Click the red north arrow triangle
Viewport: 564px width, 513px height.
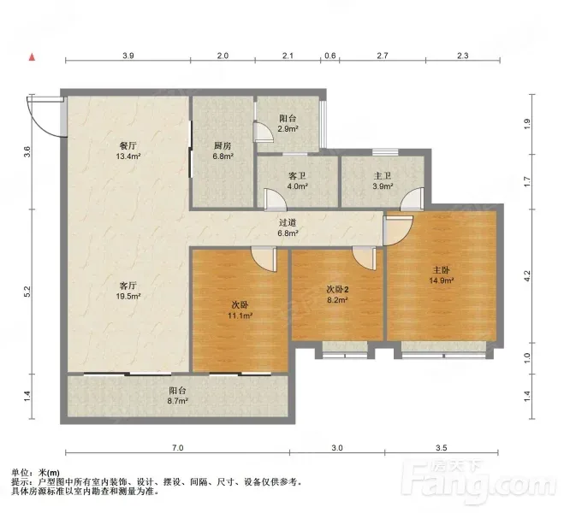tap(32, 56)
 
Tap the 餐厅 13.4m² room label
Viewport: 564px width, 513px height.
tap(128, 150)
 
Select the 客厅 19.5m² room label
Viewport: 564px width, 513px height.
tap(128, 291)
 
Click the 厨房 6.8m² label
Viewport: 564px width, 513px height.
tap(223, 150)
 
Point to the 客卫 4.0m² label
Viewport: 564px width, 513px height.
tap(298, 181)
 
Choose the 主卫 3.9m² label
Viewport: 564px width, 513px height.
tap(383, 181)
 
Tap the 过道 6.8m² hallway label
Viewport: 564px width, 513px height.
tap(288, 227)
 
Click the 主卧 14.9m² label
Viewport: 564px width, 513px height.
tap(441, 274)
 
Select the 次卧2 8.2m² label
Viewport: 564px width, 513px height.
tap(337, 294)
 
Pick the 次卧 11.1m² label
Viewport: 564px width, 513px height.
tap(240, 310)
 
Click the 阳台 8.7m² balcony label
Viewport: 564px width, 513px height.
tap(177, 396)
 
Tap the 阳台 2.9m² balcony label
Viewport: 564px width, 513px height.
tap(288, 123)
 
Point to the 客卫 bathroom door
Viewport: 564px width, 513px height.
tap(276, 199)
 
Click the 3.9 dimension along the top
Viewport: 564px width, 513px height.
tap(128, 56)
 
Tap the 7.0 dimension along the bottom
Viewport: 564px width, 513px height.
tap(178, 448)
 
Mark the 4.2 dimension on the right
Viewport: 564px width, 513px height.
tap(527, 276)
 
